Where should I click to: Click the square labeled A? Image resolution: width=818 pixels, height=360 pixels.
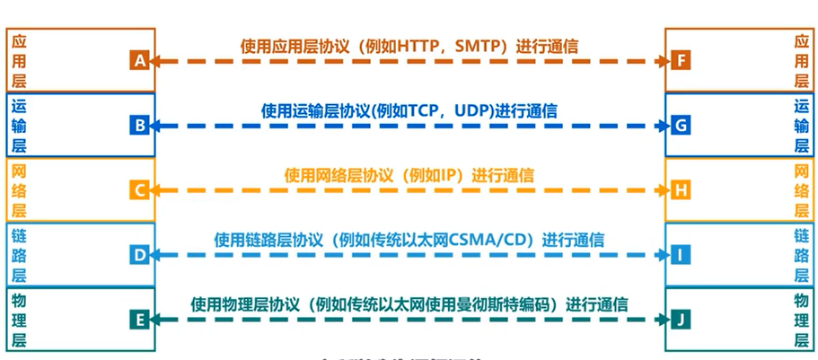point(138,61)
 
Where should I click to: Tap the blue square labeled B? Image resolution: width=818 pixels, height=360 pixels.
point(138,126)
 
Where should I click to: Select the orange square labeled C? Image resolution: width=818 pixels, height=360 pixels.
point(138,190)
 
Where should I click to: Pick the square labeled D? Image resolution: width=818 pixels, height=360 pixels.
point(138,255)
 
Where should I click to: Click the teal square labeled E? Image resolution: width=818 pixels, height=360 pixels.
point(138,319)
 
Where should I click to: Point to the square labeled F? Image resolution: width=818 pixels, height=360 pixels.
point(681,61)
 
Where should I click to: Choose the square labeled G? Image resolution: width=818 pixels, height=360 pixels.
point(681,126)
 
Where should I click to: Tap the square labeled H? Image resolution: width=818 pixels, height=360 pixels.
point(681,190)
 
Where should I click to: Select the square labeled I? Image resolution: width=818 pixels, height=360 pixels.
point(681,255)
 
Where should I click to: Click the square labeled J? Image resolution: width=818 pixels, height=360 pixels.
point(681,319)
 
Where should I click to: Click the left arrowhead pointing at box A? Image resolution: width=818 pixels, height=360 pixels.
point(155,61)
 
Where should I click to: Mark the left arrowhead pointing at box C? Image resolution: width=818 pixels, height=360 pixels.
point(155,190)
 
